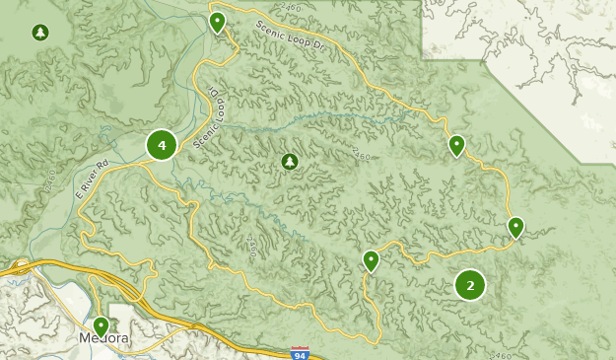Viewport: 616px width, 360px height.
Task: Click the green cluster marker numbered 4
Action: [x=162, y=146]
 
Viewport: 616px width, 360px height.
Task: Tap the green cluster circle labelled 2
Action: [x=470, y=285]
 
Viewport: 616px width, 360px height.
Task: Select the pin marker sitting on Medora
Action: [x=101, y=325]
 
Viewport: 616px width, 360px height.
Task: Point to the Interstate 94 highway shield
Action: [x=300, y=352]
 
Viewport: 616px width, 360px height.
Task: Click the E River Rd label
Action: [x=91, y=180]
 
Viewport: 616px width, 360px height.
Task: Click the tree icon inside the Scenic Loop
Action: [x=289, y=161]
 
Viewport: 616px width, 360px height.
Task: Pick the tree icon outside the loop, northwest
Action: [x=39, y=33]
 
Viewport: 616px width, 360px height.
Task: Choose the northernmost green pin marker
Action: [x=218, y=21]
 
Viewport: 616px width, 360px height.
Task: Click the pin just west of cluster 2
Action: [x=371, y=260]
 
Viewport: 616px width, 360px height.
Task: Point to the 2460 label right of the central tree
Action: [x=361, y=156]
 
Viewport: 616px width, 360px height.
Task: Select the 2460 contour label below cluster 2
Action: [x=501, y=354]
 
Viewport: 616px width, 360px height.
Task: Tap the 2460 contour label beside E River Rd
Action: [x=49, y=182]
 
